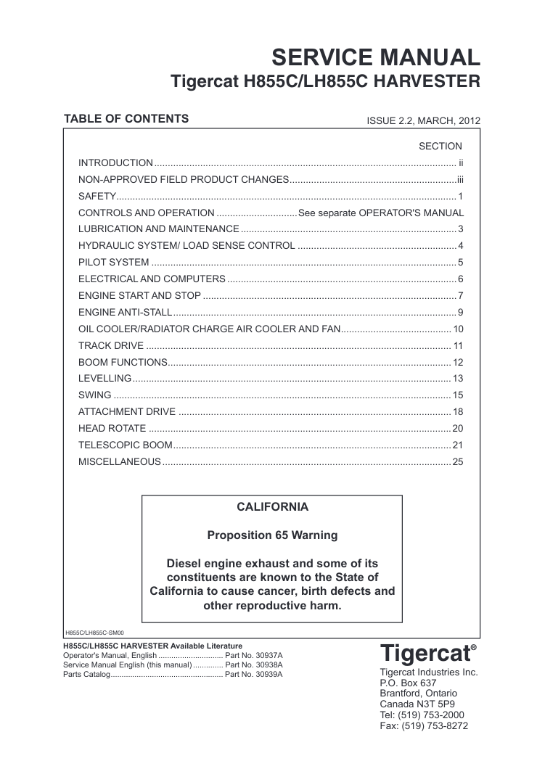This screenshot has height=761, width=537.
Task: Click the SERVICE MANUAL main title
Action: point(375,57)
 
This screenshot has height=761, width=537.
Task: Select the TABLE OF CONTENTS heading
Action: point(126,119)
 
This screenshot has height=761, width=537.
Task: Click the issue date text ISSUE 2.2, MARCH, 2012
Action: point(424,121)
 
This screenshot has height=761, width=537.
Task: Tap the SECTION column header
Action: point(440,146)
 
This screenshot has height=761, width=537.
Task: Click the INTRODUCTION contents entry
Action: point(115,163)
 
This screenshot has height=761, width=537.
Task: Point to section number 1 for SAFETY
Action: point(460,196)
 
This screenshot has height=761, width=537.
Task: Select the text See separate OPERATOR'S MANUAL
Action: point(381,213)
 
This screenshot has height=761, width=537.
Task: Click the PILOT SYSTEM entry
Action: point(114,262)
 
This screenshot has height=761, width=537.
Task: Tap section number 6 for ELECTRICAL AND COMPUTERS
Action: point(460,279)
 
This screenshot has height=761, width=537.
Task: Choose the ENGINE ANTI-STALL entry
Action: point(125,312)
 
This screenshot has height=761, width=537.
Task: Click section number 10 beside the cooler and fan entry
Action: point(458,329)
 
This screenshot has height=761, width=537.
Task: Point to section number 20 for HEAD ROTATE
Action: point(457,428)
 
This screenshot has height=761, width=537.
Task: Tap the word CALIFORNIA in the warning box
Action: point(272,506)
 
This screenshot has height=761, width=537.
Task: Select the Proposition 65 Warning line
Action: point(272,535)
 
